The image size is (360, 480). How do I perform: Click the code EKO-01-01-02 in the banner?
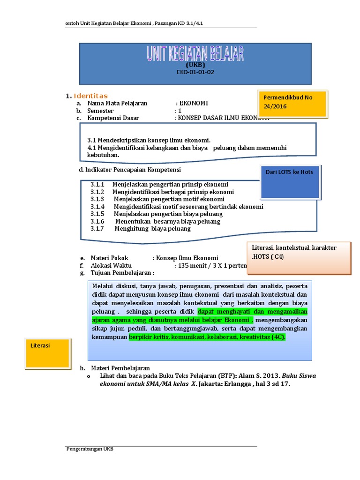coord(195,73)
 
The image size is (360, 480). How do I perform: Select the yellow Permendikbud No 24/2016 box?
coord(293,102)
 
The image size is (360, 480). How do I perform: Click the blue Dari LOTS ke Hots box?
coord(289,182)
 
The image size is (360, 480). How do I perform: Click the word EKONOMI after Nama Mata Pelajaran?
coord(193,104)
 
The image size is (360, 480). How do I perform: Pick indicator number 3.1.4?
coord(97,206)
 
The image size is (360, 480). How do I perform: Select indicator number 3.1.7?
coord(97,229)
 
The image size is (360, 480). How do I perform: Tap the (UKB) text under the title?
coord(195,65)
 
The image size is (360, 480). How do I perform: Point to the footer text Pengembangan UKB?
coord(89,449)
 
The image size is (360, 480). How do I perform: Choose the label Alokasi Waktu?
coord(111,265)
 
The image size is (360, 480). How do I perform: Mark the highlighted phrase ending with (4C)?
coord(207,337)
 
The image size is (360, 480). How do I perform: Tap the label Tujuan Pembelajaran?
coord(121,273)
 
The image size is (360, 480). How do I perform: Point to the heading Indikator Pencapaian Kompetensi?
coord(130,170)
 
